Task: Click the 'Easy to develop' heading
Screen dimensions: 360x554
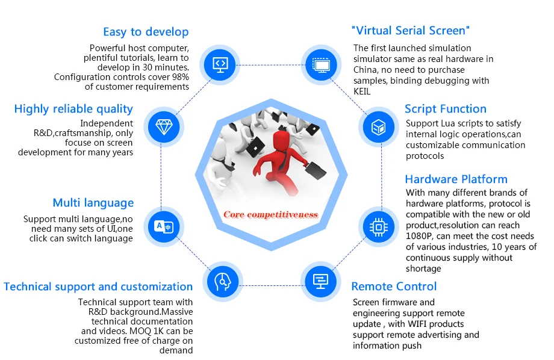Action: tap(146, 32)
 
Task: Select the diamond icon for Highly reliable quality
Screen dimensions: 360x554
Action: tap(163, 126)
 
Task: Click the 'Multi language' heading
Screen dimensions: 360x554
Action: tap(93, 203)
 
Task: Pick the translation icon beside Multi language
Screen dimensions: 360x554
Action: tap(163, 226)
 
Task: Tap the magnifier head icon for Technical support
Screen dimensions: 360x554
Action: tap(222, 281)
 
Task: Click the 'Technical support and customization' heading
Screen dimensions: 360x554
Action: tap(98, 287)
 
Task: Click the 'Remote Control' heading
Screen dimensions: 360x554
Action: tap(394, 287)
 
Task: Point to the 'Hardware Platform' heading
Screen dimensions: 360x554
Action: tap(456, 179)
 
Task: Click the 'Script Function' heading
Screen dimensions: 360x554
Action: tap(445, 109)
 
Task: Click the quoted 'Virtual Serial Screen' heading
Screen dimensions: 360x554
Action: tap(410, 31)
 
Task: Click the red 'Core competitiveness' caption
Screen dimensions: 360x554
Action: tap(270, 214)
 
